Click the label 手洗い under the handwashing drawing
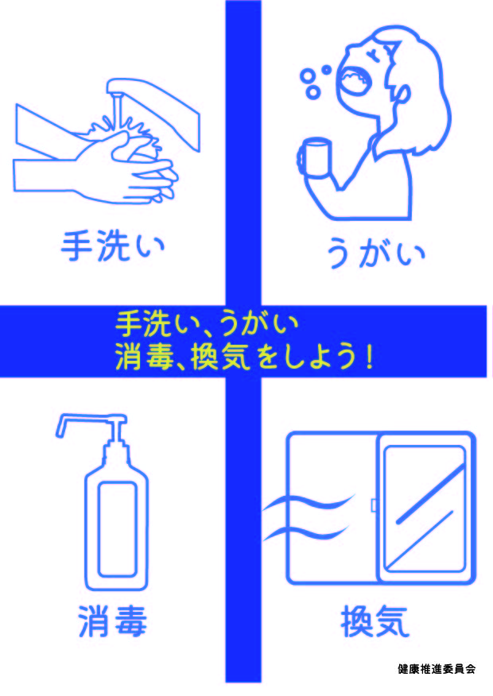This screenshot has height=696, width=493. point(113,246)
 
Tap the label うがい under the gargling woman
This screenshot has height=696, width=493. point(376,252)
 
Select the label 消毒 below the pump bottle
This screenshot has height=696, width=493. point(112,621)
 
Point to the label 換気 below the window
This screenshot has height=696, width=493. point(375,621)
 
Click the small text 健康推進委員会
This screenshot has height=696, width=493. point(437,668)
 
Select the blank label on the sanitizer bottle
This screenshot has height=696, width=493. point(117,529)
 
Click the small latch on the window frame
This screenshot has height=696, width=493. point(374,505)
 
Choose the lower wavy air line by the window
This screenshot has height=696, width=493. point(308,532)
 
